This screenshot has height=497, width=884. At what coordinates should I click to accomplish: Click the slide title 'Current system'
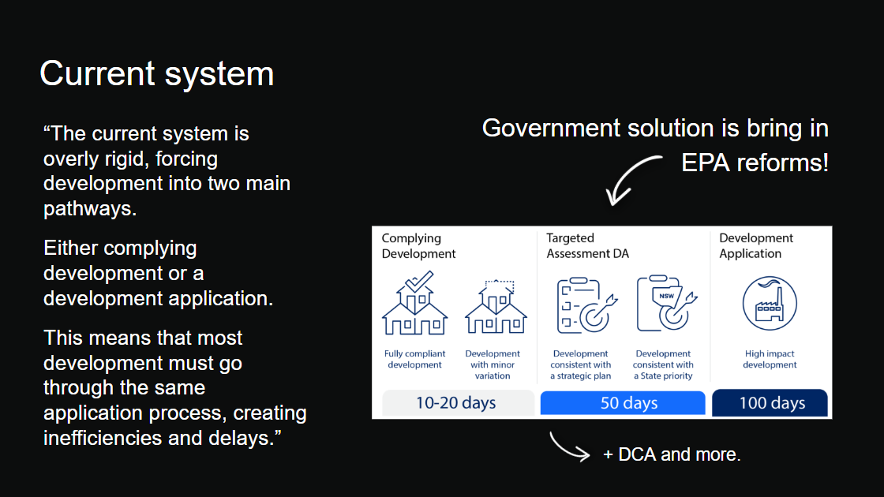pos(157,74)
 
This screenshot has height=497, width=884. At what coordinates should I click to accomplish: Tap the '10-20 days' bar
pos(458,403)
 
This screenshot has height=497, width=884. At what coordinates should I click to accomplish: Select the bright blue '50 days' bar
pos(623,403)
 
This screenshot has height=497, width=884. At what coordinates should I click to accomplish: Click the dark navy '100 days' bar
pos(770,403)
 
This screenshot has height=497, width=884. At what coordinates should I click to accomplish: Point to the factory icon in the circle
pos(770,303)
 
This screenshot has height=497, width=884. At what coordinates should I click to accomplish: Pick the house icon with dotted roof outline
pos(496,306)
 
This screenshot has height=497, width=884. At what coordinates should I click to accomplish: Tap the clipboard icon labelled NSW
pos(666,303)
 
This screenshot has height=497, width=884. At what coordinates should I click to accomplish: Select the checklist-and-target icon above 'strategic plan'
pos(586,305)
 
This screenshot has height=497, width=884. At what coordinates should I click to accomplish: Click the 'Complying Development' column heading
pos(418,245)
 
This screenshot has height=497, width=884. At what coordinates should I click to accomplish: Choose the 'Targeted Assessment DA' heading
pos(587,245)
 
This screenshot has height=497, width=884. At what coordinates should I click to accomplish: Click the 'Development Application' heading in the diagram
pos(756,245)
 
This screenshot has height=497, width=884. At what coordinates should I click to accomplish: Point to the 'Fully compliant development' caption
pos(415,359)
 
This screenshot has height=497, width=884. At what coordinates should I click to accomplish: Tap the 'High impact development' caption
pos(770,359)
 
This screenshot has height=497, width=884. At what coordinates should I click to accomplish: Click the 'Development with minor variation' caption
pos(493,364)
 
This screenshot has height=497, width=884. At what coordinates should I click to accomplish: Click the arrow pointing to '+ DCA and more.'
pos(567,449)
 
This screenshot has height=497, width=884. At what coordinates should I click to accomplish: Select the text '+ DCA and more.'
pos(672,454)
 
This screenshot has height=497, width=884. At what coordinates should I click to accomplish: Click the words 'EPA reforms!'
pos(755,163)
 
